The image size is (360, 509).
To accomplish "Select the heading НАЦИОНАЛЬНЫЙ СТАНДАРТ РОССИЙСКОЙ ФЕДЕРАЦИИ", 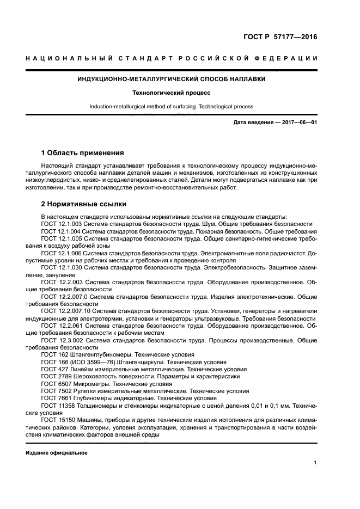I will pyautogui.click(x=171, y=58).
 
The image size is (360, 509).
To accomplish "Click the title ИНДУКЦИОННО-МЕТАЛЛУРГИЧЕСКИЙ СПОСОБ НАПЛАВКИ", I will pyautogui.click(x=171, y=79).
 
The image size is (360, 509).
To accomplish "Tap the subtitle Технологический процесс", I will pyautogui.click(x=171, y=93).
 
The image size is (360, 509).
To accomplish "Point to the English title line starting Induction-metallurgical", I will pyautogui.click(x=171, y=107).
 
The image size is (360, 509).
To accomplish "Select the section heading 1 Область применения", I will pyautogui.click(x=83, y=153).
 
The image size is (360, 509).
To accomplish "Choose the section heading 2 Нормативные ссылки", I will pyautogui.click(x=84, y=204).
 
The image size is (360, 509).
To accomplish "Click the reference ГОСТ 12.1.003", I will pyautogui.click(x=62, y=224).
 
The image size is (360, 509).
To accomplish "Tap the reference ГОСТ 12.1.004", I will pyautogui.click(x=62, y=231).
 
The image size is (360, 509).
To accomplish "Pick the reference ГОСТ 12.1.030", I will pyautogui.click(x=62, y=267).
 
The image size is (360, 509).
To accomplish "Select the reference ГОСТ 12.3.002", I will pyautogui.click(x=62, y=340).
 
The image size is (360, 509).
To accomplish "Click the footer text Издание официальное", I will pyautogui.click(x=57, y=453).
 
